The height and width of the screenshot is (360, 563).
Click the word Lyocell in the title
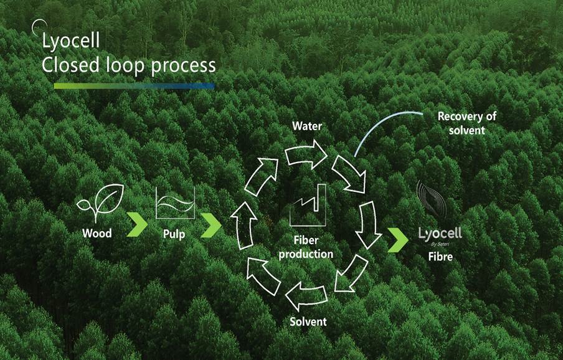click(70, 42)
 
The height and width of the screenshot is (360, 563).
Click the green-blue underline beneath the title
click(134, 85)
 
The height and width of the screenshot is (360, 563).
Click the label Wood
click(97, 234)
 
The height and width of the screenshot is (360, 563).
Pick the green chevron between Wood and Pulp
click(136, 224)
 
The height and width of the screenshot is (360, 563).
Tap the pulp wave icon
click(176, 203)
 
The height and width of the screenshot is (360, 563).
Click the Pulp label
click(175, 234)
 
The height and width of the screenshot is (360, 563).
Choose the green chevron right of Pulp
click(211, 224)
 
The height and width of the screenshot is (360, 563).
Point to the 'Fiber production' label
click(313, 247)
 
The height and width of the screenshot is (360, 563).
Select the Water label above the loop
click(307, 126)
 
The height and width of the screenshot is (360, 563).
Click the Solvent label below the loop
click(308, 322)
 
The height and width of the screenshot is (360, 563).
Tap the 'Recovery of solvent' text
click(466, 122)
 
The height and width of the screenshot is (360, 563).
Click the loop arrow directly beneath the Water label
click(307, 153)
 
